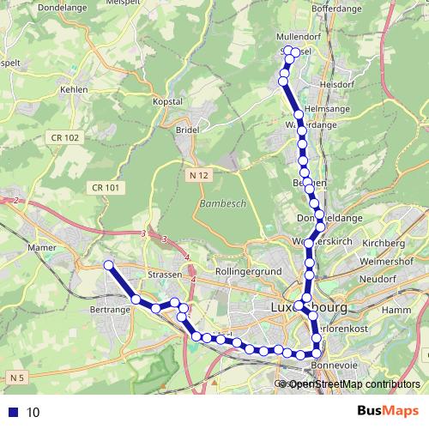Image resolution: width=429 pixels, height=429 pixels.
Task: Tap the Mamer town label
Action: (x=41, y=247)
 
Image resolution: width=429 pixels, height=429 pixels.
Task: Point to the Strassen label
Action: (x=165, y=274)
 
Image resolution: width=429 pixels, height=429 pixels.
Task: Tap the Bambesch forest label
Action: (x=221, y=205)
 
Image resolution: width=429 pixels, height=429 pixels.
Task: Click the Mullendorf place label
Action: (x=299, y=38)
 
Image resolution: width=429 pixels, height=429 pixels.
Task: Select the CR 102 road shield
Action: (x=64, y=137)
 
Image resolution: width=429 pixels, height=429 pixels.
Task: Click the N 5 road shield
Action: (x=17, y=377)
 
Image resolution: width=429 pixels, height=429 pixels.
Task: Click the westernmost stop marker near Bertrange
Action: (x=108, y=265)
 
